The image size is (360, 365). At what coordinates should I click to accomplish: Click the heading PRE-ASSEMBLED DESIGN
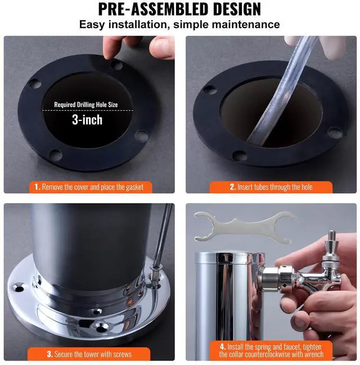point(179,10)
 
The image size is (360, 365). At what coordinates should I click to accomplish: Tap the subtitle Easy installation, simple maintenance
point(179,25)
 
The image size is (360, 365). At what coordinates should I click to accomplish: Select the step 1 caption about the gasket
point(88,187)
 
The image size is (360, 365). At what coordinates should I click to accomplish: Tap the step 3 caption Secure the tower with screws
point(88,354)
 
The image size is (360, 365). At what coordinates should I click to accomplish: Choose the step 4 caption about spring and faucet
point(271,350)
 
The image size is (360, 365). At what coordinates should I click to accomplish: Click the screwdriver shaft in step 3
point(164,236)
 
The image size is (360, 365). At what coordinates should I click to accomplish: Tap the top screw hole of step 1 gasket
point(116,65)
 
